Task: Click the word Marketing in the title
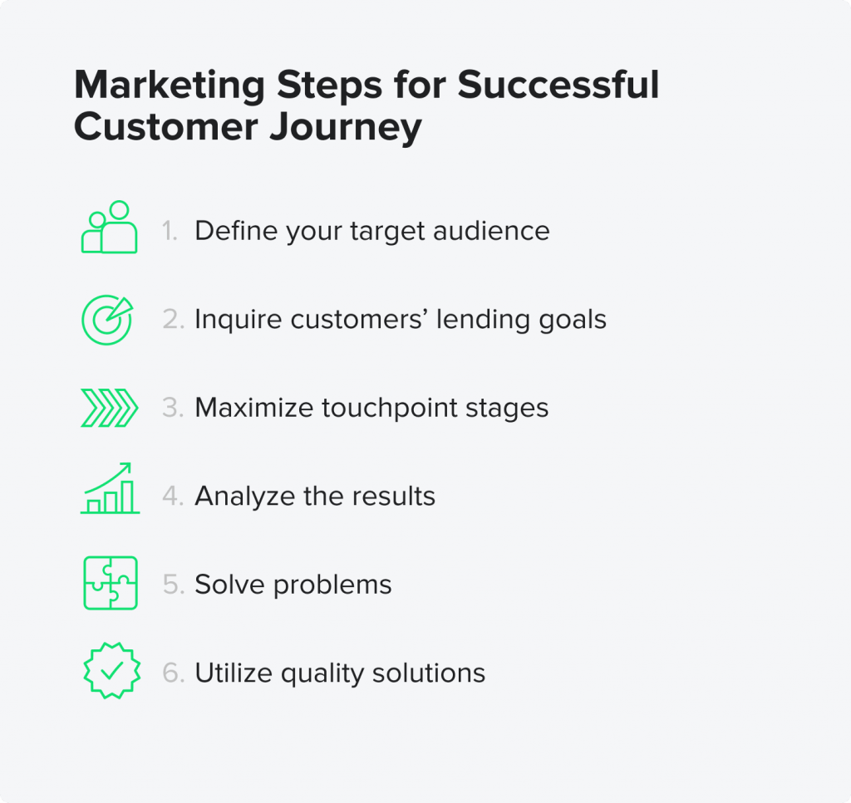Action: click(x=170, y=86)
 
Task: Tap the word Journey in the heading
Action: click(x=346, y=128)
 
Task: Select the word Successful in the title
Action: click(x=558, y=85)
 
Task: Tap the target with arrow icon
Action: click(x=107, y=320)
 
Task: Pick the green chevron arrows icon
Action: click(x=109, y=408)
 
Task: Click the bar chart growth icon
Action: click(x=111, y=488)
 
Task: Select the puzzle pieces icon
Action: click(x=111, y=583)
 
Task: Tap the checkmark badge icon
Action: click(x=112, y=671)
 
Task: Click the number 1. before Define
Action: click(x=170, y=231)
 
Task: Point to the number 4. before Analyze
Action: click(x=173, y=496)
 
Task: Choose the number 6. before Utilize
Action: click(x=174, y=673)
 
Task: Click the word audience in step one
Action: click(x=491, y=231)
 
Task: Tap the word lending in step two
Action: click(x=484, y=320)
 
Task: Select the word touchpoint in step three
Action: click(x=389, y=408)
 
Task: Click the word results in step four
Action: click(x=393, y=496)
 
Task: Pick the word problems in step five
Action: click(x=332, y=585)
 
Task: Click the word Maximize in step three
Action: click(x=254, y=408)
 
